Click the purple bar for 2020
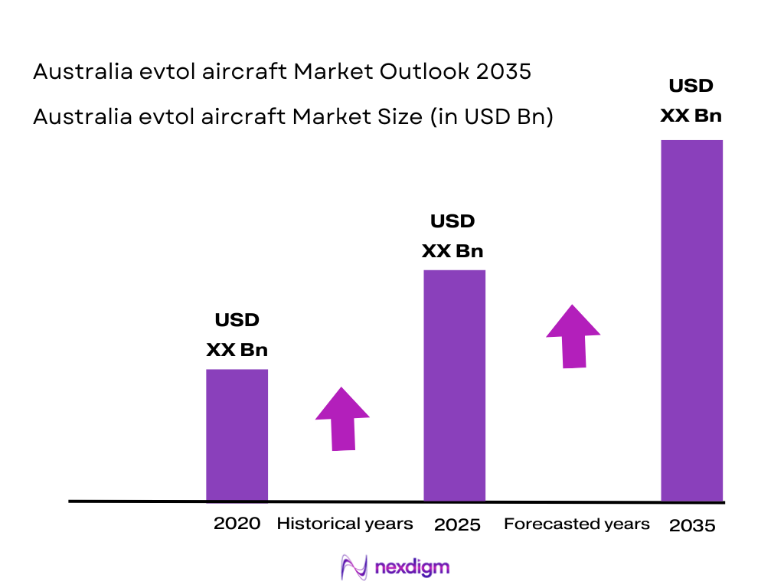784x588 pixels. point(237,435)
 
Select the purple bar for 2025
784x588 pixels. point(454,385)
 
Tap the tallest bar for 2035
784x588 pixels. point(691,320)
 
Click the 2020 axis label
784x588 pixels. point(237,524)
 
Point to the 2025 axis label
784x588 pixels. point(457,525)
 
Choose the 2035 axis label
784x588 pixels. point(691,526)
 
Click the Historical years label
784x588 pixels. point(345,524)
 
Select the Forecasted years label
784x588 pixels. point(577,524)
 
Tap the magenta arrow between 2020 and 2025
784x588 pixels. point(342,419)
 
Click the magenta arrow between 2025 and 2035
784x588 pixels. point(573,337)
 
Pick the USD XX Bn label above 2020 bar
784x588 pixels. point(237,335)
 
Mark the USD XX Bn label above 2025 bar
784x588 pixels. point(453,236)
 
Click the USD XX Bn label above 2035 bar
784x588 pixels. point(691,100)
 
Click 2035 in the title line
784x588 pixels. point(503,72)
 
